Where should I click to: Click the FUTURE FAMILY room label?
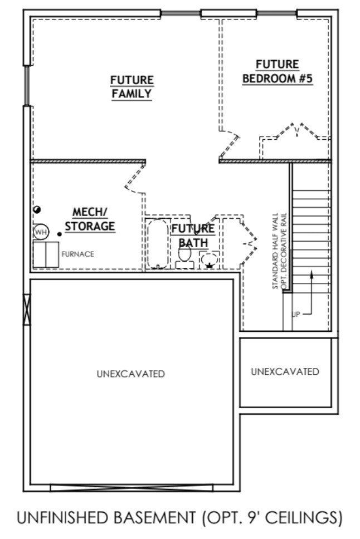[132, 87]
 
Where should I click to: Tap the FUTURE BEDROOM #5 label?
[278, 72]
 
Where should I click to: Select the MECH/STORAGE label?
[90, 219]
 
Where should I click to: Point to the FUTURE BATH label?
[192, 236]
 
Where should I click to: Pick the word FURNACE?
[77, 254]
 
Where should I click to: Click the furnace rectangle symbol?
[45, 254]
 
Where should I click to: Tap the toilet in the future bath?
[184, 256]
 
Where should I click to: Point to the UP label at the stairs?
[296, 315]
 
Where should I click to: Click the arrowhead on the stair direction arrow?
[312, 273]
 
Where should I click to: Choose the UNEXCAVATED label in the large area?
[130, 374]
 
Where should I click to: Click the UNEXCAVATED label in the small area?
[285, 371]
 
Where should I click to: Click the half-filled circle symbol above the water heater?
[37, 209]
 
